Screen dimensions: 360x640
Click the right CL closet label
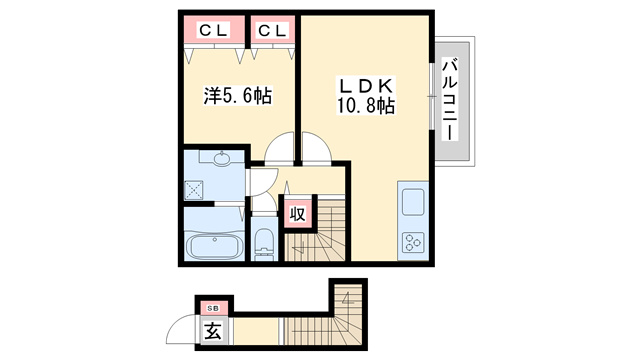click(272, 30)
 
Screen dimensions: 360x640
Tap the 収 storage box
click(297, 214)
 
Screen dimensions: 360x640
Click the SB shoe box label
click(212, 307)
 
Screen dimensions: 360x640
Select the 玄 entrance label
click(213, 331)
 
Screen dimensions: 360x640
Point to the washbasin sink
click(220, 159)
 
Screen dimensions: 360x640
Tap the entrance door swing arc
click(183, 330)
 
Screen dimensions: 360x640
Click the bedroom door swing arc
click(282, 148)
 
